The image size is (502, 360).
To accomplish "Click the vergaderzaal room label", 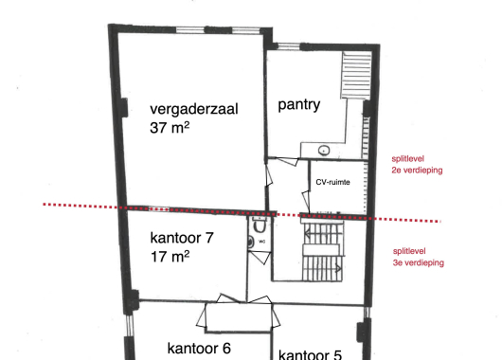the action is point(194,110).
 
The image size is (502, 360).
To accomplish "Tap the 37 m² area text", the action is point(170,128).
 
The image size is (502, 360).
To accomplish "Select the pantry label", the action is point(299,105).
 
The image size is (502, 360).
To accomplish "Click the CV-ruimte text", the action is point(332,182).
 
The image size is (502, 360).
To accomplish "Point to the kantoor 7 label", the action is point(182,238).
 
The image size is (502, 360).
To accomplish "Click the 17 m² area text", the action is point(170,257).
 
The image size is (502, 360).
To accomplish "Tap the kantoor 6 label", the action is point(199,349).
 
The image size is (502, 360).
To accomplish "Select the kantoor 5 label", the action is point(310,355).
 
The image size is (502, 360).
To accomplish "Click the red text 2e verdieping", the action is point(417,171).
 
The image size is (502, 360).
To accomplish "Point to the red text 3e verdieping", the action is point(418,263).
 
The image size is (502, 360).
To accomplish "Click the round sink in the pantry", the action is point(324,150).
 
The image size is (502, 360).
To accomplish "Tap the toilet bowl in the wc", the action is point(259,225).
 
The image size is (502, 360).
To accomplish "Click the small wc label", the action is point(261,242).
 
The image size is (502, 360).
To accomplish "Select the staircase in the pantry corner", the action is point(356,75).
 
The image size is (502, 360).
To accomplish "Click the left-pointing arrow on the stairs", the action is point(308,234).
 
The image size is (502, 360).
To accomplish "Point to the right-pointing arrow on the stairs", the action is point(338,268).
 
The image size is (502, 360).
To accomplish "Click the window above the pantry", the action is point(288,46).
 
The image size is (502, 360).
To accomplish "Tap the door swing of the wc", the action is point(260,258).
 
